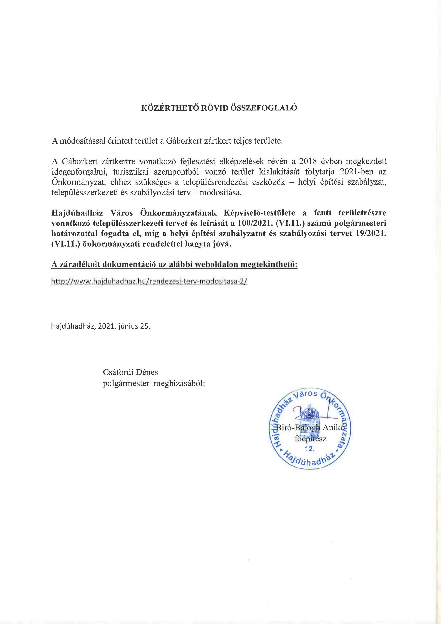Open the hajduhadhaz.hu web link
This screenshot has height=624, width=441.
point(149,282)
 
